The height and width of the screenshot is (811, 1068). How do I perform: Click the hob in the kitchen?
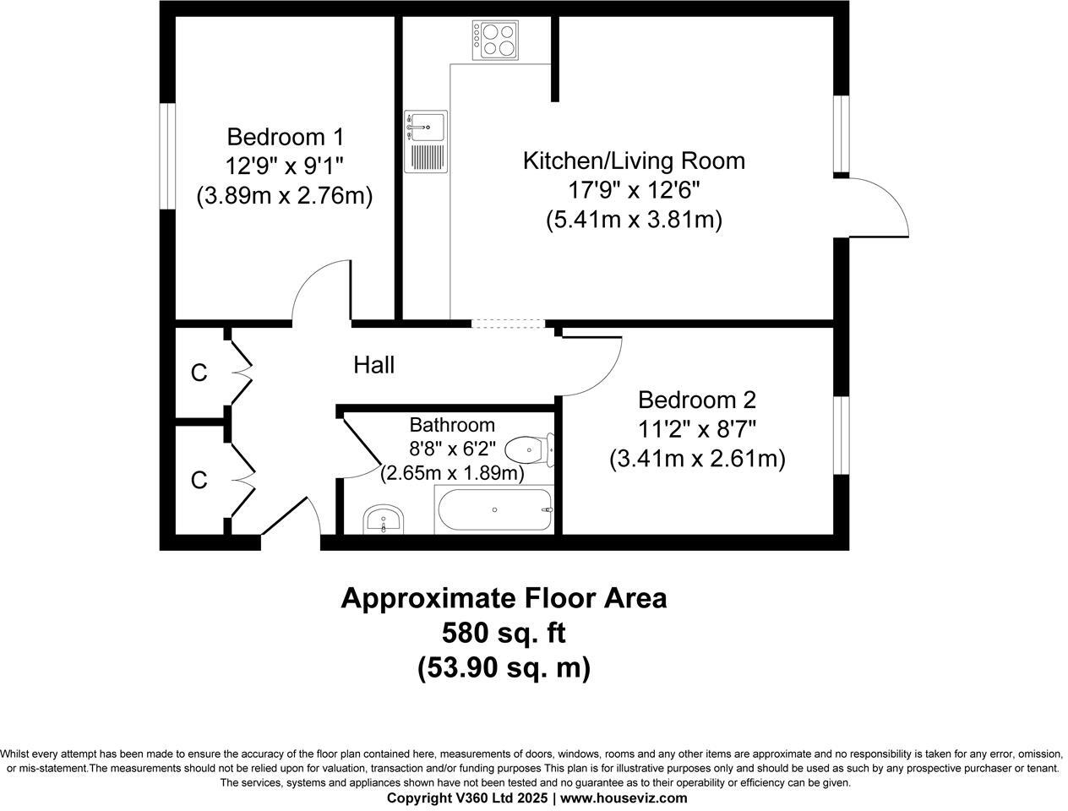495,40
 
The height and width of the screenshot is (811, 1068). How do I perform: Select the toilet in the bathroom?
535,450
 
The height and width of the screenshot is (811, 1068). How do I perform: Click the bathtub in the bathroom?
494,509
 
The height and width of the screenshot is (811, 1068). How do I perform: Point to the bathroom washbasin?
384,520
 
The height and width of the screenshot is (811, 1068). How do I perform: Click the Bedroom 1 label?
285,136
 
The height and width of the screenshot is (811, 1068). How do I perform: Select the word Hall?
373,365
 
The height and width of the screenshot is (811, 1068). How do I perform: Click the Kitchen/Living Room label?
634,161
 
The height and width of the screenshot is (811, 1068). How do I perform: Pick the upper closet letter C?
199,373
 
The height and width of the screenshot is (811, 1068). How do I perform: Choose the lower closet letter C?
199,480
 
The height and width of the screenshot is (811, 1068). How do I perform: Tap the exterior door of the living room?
879,207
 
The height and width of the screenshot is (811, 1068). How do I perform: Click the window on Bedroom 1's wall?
167,155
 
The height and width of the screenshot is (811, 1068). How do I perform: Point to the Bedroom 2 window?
842,434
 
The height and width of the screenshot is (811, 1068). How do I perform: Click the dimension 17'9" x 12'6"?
634,190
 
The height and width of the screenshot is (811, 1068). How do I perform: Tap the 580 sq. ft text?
504,632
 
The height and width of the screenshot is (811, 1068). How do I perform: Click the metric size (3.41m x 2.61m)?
697,459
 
